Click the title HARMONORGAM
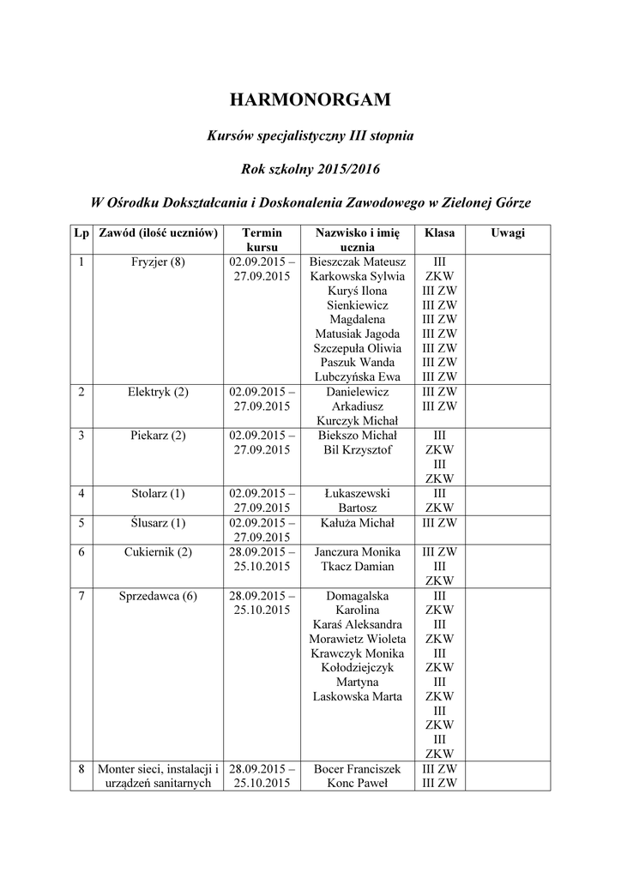tap(310, 100)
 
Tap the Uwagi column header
tap(508, 232)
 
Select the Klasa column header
tap(440, 232)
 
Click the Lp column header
tap(81, 232)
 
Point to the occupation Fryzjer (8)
tap(158, 262)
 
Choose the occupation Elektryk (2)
tap(158, 392)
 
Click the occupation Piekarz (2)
tap(158, 436)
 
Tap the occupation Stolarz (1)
tap(158, 493)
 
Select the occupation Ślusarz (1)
tap(158, 522)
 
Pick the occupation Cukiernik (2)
tap(158, 551)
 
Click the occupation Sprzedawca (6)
tap(158, 595)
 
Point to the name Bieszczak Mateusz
tap(358, 262)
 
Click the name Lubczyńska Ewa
tap(358, 376)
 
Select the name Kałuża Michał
tap(358, 522)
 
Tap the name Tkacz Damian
tap(358, 566)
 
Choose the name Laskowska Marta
tap(358, 696)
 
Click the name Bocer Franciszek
tap(358, 768)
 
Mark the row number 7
tap(81, 595)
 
